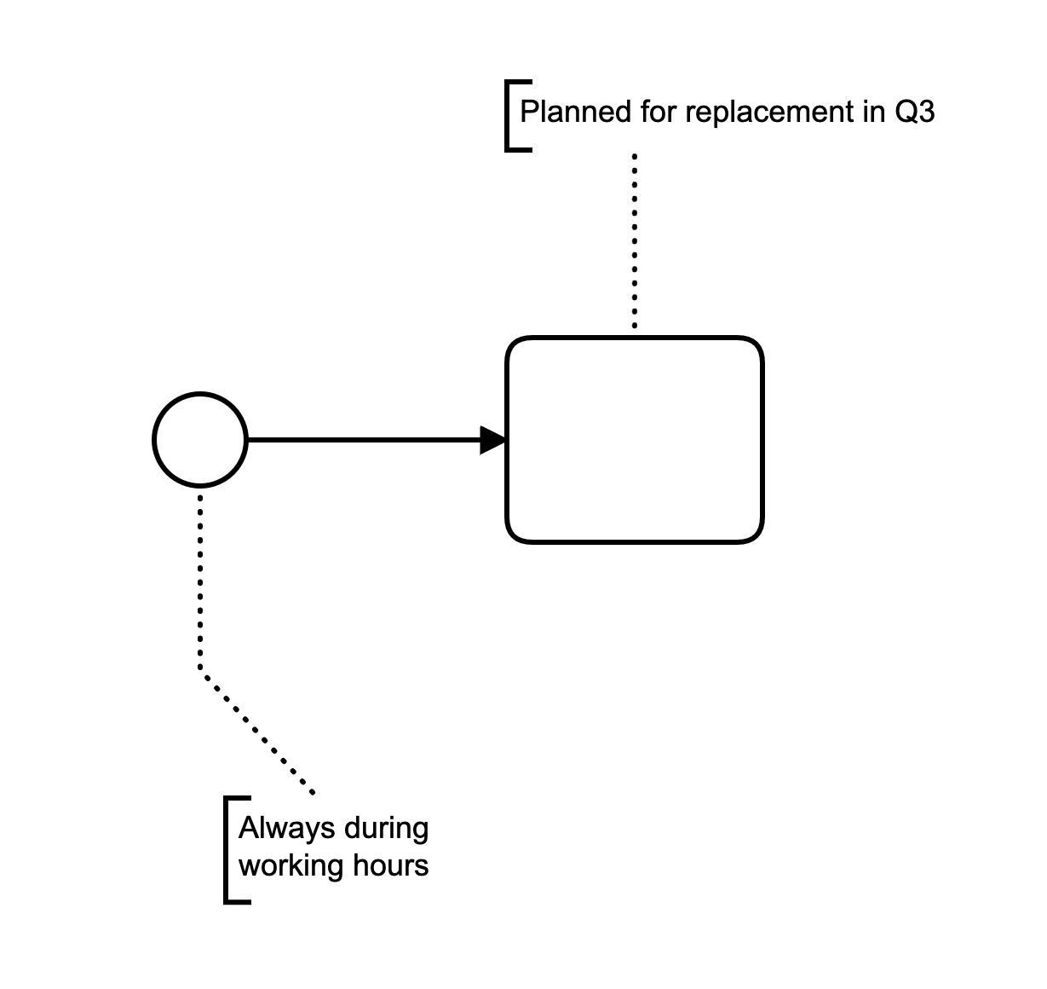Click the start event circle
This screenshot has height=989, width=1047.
(x=200, y=440)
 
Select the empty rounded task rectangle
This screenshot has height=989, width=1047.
(x=635, y=440)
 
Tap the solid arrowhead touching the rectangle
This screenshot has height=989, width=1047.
(x=493, y=440)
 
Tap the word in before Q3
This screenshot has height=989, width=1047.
(x=873, y=113)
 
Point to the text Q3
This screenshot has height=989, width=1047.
(x=914, y=113)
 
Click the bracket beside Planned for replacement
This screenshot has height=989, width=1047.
(x=509, y=116)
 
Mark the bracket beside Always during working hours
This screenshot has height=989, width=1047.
(x=227, y=849)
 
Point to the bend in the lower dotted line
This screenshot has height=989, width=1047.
(x=201, y=669)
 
